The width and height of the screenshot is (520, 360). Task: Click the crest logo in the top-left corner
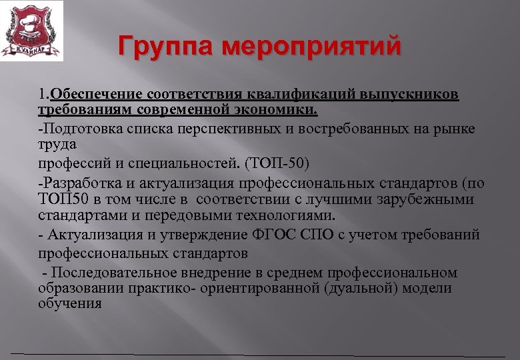click(x=31, y=31)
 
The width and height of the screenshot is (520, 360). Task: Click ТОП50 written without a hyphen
click(x=58, y=199)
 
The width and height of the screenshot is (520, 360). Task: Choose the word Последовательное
click(x=111, y=273)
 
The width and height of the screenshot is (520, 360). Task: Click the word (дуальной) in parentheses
click(x=366, y=288)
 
